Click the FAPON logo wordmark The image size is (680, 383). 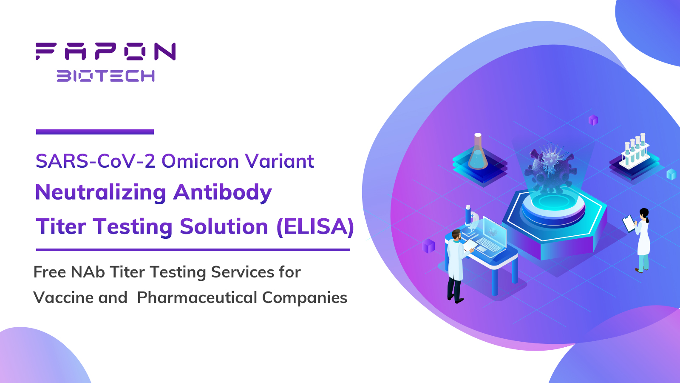pyautogui.click(x=106, y=51)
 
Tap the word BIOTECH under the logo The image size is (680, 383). pyautogui.click(x=106, y=76)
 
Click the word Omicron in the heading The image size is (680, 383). pyautogui.click(x=200, y=161)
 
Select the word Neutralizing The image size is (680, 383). pyautogui.click(x=100, y=193)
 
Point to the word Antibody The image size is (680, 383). pyautogui.click(x=223, y=193)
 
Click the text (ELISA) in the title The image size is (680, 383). pyautogui.click(x=315, y=226)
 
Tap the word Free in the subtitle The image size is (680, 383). pyautogui.click(x=50, y=272)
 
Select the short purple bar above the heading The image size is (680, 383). pyautogui.click(x=95, y=132)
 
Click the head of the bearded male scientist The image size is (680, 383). pyautogui.click(x=456, y=234)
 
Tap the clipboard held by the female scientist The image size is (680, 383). pyautogui.click(x=629, y=223)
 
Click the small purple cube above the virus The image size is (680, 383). pyautogui.click(x=593, y=120)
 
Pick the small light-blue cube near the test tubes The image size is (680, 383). pyautogui.click(x=671, y=174)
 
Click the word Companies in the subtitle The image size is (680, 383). pyautogui.click(x=305, y=297)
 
